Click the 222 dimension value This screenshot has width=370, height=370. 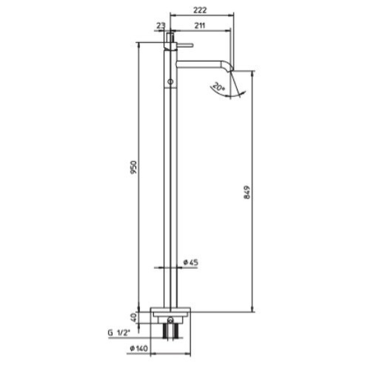pos(200,10)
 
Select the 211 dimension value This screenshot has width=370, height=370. pos(200,25)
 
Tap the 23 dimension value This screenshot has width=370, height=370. pos(161,25)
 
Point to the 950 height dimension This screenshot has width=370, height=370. pos(134,167)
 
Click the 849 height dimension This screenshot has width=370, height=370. pos(247,192)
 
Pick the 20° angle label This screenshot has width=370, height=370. pos(218,87)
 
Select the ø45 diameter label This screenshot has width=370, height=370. pos(191,262)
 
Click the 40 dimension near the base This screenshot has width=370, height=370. pos(134,317)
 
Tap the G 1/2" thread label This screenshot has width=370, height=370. pos(119,333)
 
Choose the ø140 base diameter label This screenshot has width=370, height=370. pos(139,348)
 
